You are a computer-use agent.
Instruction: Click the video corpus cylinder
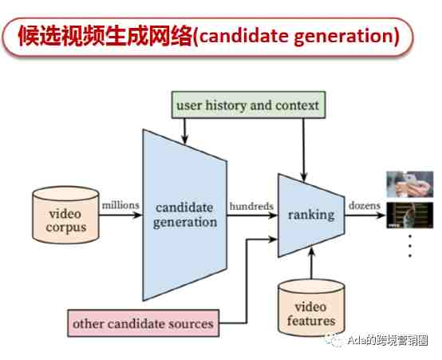pyautogui.click(x=65, y=215)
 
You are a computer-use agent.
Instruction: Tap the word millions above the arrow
pyautogui.click(x=120, y=205)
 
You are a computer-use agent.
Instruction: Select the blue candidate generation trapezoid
pyautogui.click(x=185, y=215)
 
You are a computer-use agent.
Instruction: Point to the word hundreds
pyautogui.click(x=251, y=206)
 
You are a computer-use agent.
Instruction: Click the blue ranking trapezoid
pyautogui.click(x=311, y=216)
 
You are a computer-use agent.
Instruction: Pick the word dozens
pyautogui.click(x=364, y=205)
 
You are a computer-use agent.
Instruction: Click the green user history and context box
pyautogui.click(x=248, y=105)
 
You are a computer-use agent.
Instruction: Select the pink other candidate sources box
pyautogui.click(x=143, y=323)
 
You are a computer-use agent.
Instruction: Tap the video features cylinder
pyautogui.click(x=311, y=307)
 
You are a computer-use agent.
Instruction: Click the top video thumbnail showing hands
pyautogui.click(x=409, y=184)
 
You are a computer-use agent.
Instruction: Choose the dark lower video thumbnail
pyautogui.click(x=409, y=215)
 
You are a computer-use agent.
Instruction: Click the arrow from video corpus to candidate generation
pyautogui.click(x=120, y=216)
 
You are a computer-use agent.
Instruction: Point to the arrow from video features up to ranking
pyautogui.click(x=311, y=263)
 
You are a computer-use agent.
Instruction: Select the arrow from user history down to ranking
pyautogui.click(x=304, y=150)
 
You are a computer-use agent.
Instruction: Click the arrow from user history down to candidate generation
pyautogui.click(x=184, y=131)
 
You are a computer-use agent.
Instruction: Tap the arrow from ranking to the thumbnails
pyautogui.click(x=365, y=216)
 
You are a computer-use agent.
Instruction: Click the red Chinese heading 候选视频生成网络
pyautogui.click(x=105, y=36)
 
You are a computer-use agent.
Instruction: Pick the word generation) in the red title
pyautogui.click(x=347, y=38)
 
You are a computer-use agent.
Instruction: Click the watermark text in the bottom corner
pyautogui.click(x=388, y=340)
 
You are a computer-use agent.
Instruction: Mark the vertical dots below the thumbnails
pyautogui.click(x=410, y=246)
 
